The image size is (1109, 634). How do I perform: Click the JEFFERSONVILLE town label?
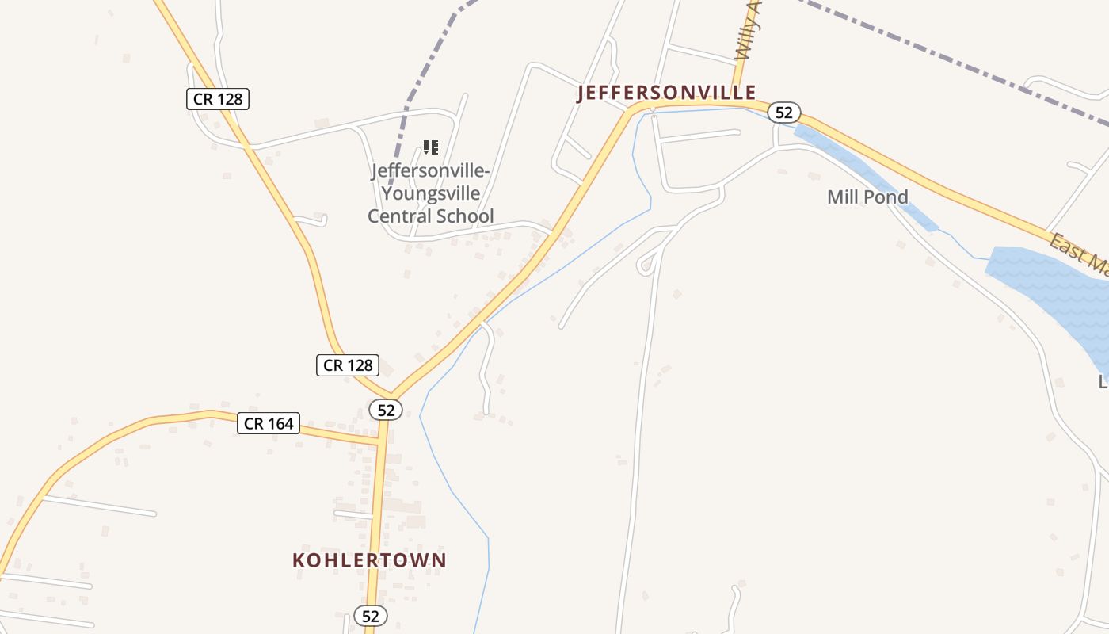[x=667, y=94]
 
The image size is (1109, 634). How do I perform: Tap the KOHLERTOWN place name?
[x=369, y=560]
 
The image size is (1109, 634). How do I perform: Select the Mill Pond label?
[x=867, y=197]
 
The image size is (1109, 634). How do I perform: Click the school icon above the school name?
[x=431, y=147]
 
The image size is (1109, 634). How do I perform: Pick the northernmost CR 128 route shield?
[x=218, y=99]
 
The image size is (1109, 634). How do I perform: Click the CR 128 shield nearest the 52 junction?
[x=349, y=365]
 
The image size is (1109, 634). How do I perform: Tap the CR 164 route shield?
[x=269, y=423]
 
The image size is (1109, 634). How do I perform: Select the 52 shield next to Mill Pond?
[x=783, y=113]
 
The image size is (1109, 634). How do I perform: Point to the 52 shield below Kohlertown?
[x=370, y=616]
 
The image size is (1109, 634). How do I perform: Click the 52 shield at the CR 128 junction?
[x=386, y=410]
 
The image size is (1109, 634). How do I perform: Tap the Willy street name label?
[x=748, y=32]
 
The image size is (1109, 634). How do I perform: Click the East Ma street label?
[x=1077, y=254]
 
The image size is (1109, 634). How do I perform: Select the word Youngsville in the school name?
[x=430, y=193]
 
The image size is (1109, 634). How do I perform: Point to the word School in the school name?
[x=468, y=216]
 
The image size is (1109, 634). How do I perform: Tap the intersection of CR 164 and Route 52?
[x=382, y=437]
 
